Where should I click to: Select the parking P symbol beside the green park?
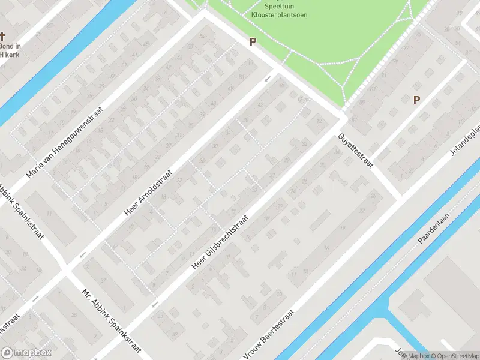(253, 42)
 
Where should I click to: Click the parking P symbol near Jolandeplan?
(416, 100)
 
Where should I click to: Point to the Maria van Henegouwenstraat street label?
(65, 143)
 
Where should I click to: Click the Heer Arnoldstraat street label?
(148, 192)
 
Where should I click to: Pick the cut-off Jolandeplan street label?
(466, 142)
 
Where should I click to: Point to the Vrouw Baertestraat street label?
(269, 335)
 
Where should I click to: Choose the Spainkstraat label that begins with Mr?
(112, 322)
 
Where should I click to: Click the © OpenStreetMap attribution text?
(454, 356)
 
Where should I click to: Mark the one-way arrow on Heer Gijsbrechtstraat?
(155, 305)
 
